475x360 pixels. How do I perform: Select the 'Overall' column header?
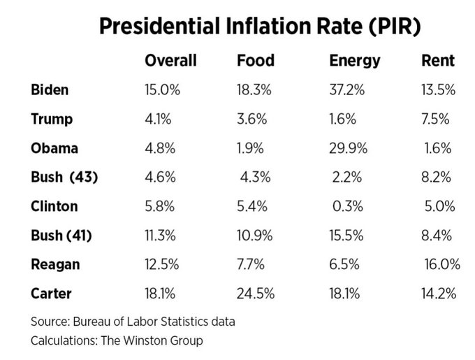(170, 61)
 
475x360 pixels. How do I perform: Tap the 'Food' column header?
(256, 61)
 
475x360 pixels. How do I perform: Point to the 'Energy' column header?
(355, 61)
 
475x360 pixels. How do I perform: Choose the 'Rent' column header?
(438, 61)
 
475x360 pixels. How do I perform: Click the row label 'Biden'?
(50, 89)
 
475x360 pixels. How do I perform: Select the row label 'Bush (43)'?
(64, 178)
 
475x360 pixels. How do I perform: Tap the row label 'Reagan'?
(55, 265)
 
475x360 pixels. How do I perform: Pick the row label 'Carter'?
(52, 294)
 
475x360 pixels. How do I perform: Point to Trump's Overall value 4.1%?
(158, 119)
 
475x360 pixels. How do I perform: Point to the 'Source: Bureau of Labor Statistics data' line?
(133, 322)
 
